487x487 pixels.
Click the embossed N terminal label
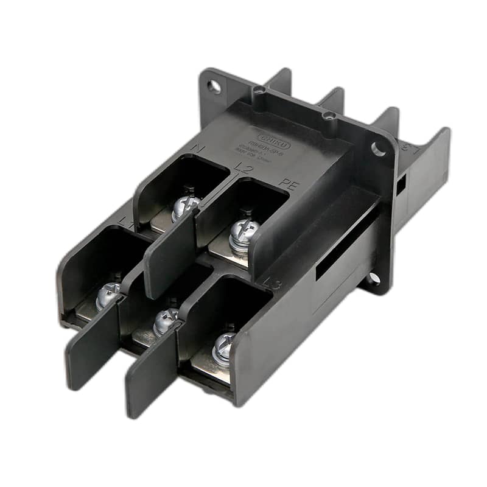click(x=198, y=149)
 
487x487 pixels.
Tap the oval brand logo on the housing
click(x=272, y=138)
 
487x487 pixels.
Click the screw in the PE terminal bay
click(x=244, y=231)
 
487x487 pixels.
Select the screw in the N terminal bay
click(x=185, y=206)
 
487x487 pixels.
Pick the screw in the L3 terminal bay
click(x=223, y=347)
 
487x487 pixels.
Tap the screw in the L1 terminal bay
click(x=108, y=295)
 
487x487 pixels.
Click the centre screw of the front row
click(x=164, y=320)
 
